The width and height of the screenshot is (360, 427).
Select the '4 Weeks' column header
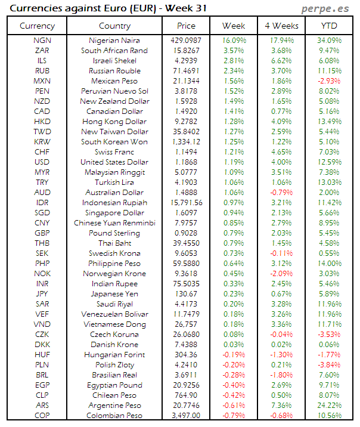tap(281, 26)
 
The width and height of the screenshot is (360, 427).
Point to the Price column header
tap(186, 26)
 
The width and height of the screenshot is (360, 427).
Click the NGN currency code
tap(42, 41)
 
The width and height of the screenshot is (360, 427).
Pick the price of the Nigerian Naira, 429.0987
tap(186, 41)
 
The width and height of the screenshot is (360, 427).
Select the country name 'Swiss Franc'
tap(114, 152)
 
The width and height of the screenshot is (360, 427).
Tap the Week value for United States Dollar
tap(234, 162)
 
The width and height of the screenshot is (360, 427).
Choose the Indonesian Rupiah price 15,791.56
tap(186, 203)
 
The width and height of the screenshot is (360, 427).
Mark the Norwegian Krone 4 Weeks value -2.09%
tap(281, 274)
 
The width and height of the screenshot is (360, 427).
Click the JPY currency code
tap(42, 294)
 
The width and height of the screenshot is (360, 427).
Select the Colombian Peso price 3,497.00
tap(186, 415)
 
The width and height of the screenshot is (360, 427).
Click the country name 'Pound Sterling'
tap(114, 233)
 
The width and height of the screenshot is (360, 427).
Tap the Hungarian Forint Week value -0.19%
tap(234, 355)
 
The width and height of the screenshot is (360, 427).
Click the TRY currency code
tap(42, 182)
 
